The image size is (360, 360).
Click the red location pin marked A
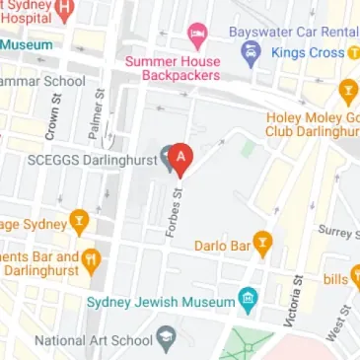pyautogui.click(x=180, y=158)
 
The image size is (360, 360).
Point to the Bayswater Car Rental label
pyautogui.click(x=293, y=31)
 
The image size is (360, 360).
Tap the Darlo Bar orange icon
pyautogui.click(x=262, y=242)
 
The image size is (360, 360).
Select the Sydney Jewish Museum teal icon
pyautogui.click(x=250, y=298)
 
